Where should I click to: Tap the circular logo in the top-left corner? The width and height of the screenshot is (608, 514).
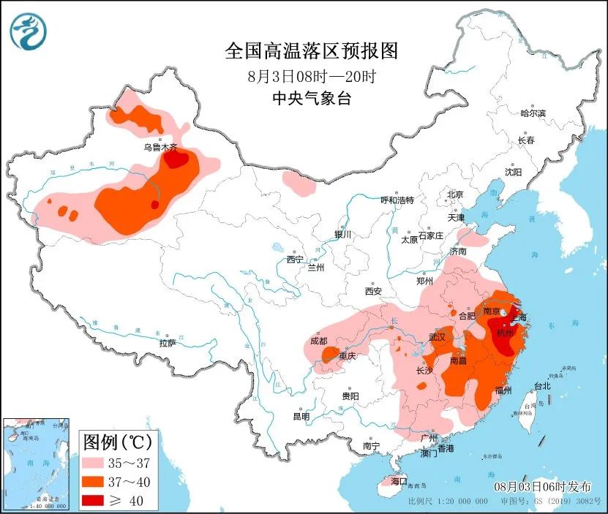coord(29,31)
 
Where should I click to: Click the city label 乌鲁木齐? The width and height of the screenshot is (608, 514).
coord(160,148)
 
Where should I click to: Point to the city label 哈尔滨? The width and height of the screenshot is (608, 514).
coord(533,113)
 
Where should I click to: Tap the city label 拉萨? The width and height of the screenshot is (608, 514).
coord(167,343)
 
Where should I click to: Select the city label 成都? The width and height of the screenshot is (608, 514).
coord(318,340)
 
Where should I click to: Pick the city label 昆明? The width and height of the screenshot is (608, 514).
coord(301,416)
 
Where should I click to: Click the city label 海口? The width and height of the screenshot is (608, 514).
coord(398,481)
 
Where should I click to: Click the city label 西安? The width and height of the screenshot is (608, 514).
coord(372,291)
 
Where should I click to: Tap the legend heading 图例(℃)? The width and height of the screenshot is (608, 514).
coord(117,442)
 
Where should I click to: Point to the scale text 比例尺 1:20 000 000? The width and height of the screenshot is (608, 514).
coord(448,502)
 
